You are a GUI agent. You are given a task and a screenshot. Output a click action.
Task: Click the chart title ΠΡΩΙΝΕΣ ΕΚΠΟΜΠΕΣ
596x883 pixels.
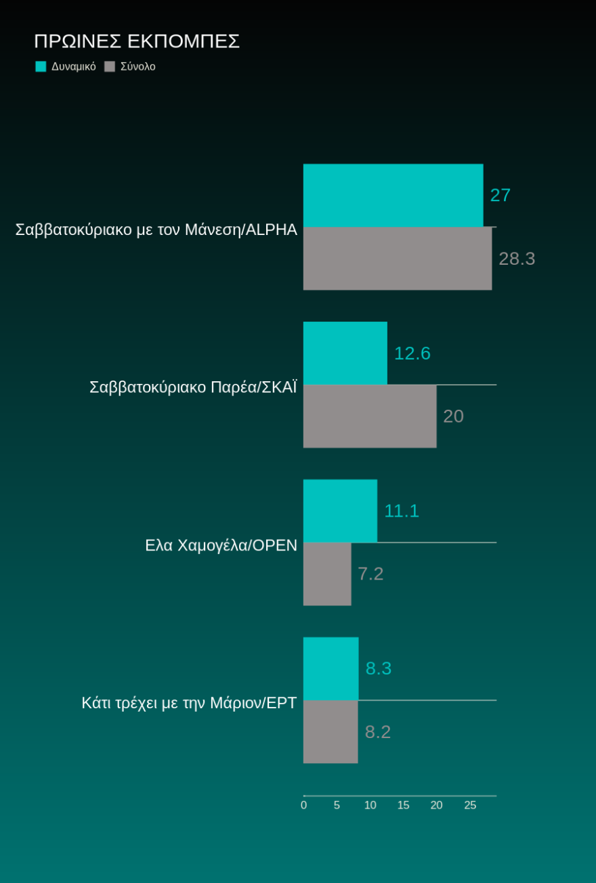[137, 41]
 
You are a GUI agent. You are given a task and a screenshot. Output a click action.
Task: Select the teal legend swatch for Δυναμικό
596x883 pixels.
[41, 66]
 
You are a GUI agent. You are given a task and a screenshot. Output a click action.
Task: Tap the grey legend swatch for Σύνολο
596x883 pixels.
[110, 66]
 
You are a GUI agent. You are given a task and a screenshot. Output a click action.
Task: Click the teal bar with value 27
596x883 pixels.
[393, 195]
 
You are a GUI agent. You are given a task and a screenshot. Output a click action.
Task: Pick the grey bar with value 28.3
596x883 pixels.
[397, 258]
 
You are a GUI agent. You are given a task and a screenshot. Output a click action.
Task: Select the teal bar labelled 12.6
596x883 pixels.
[345, 353]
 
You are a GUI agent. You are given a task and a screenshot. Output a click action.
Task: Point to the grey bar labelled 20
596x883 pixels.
[369, 416]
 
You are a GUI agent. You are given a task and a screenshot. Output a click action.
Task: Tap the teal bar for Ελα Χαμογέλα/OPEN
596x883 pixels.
[340, 511]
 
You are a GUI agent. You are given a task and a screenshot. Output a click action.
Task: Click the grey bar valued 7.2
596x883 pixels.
[327, 574]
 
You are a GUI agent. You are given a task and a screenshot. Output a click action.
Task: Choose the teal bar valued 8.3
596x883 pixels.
[331, 668]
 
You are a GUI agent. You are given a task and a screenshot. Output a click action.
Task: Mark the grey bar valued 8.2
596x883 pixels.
[331, 731]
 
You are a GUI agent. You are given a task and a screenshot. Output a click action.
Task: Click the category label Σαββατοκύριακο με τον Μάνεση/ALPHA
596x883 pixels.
[156, 230]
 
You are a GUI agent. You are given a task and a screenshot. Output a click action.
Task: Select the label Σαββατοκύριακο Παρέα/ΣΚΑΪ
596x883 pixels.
[193, 387]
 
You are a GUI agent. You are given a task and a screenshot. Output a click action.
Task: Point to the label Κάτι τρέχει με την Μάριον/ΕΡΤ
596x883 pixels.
[189, 703]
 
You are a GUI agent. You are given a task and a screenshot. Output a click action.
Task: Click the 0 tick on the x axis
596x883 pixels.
[303, 805]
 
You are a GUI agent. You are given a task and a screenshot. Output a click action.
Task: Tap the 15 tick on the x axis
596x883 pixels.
[403, 805]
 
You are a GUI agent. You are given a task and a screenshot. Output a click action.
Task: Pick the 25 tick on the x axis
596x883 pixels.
[470, 805]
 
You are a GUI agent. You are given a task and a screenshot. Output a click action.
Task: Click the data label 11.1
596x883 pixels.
[402, 511]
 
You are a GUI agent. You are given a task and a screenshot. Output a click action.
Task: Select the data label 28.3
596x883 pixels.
[517, 259]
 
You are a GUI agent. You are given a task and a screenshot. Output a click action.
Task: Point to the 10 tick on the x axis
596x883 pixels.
[370, 805]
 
